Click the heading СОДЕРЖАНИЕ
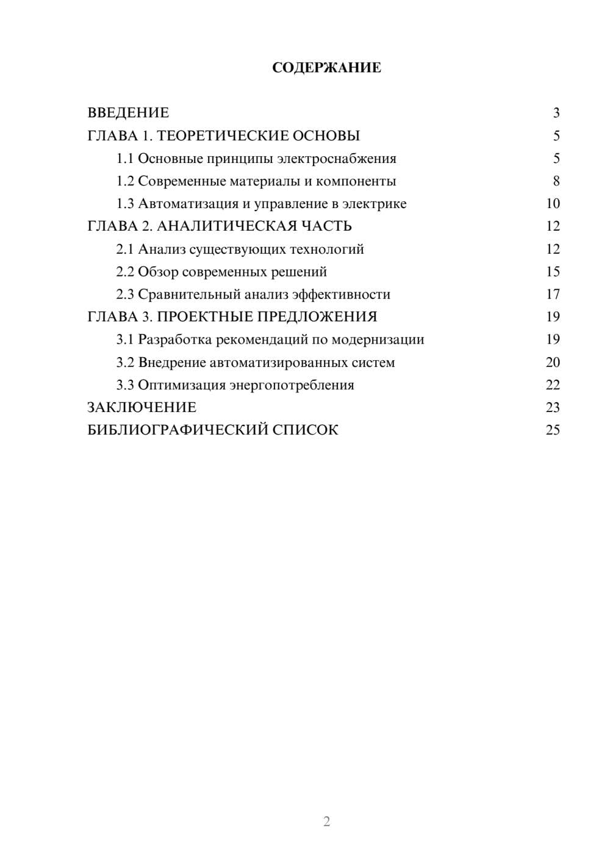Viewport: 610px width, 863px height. coord(326,68)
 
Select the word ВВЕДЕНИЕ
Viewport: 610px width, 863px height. coord(128,113)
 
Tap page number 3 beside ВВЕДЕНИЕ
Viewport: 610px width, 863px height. coord(556,113)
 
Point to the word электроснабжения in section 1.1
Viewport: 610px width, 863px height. coord(337,159)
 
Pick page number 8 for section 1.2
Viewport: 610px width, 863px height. coord(556,181)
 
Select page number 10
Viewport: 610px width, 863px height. coord(553,204)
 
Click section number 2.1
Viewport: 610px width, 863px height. coord(124,249)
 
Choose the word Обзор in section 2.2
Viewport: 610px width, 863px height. coord(158,272)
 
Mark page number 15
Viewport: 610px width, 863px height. coord(553,272)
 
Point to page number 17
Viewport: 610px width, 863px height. coord(553,294)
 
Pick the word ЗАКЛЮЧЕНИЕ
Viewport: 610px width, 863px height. coord(142,408)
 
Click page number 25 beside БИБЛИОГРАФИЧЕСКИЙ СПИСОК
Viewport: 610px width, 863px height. coord(553,430)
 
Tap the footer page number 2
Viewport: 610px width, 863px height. coord(326,821)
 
